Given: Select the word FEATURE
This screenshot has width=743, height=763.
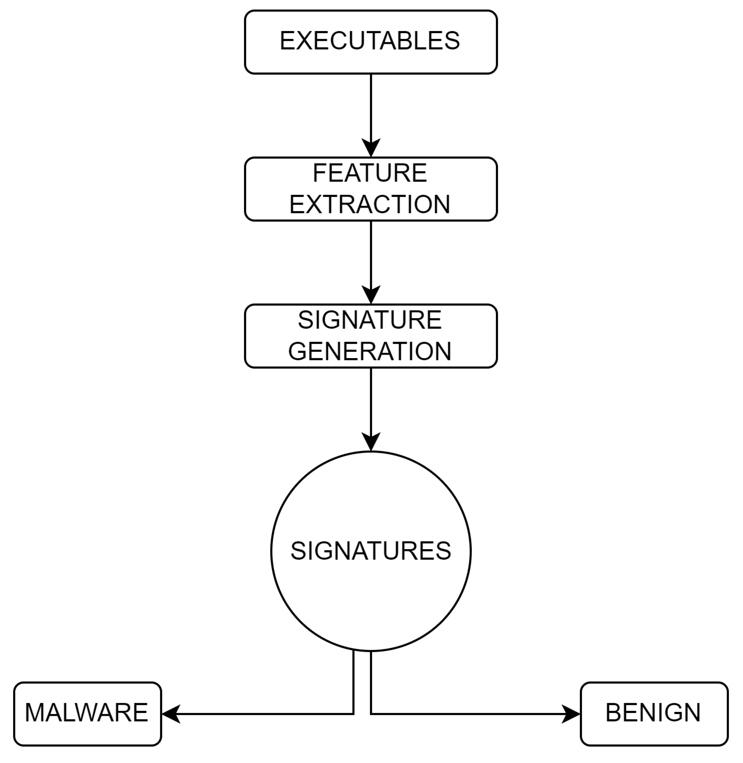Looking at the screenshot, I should click(x=370, y=173).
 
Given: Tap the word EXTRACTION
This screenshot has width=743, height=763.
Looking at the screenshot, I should click(x=370, y=204).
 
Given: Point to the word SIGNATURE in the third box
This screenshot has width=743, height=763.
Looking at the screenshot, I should click(x=370, y=320).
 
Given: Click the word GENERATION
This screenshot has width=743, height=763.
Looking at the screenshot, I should click(x=370, y=351).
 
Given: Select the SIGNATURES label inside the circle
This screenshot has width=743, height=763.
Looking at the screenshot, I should click(x=371, y=551).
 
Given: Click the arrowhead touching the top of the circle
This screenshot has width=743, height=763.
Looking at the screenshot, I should click(x=371, y=442).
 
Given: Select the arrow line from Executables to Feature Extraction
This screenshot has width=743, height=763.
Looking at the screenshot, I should click(x=371, y=105).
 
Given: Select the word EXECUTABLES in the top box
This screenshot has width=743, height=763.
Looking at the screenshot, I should click(x=370, y=41).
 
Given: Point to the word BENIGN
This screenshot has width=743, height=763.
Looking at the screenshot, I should click(x=653, y=713).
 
